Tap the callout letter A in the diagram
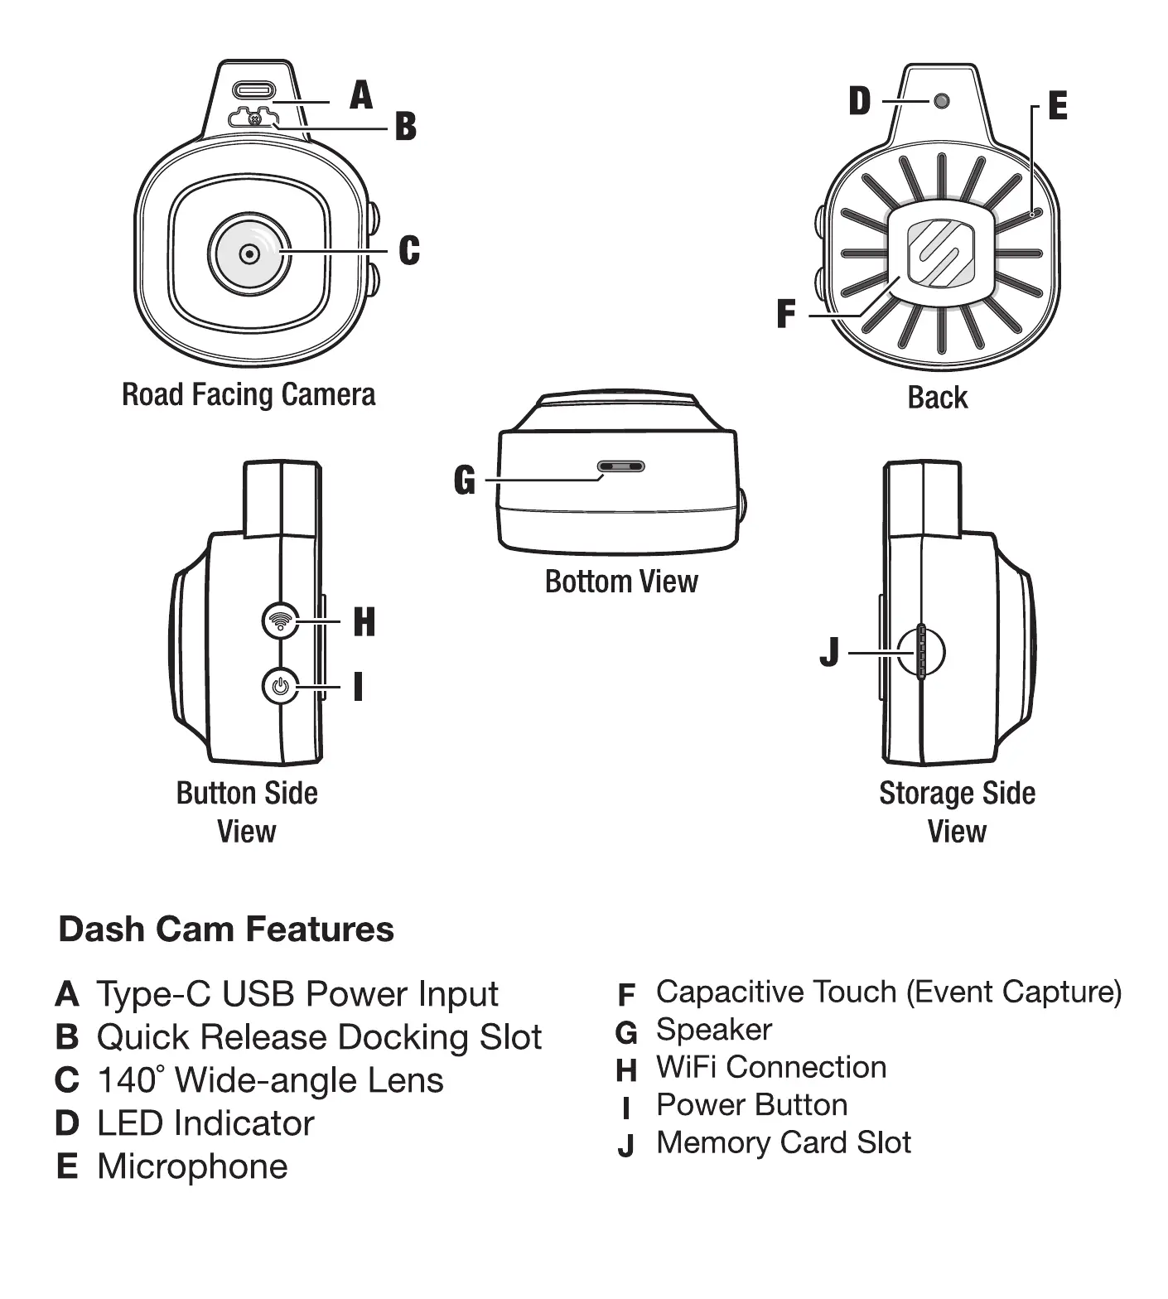tap(361, 95)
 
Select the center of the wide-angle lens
tap(249, 253)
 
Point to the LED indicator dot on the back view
tap(941, 101)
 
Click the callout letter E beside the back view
tap(1058, 106)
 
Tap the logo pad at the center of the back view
tap(941, 253)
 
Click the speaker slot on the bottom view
tap(620, 466)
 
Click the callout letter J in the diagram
tap(829, 652)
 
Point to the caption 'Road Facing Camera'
tap(249, 394)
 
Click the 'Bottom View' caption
tap(621, 582)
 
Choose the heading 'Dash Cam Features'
tap(226, 929)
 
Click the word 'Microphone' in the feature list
tap(192, 1166)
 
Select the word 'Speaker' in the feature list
tap(713, 1030)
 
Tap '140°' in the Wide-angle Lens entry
tap(130, 1080)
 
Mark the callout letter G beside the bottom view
tap(465, 480)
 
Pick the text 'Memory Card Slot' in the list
tap(783, 1142)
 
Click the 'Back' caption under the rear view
tap(937, 397)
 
